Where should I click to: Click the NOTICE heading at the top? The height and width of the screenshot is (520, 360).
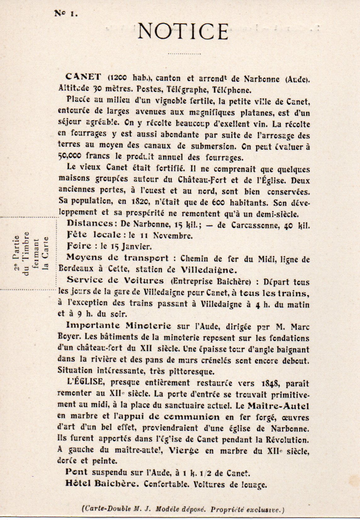pos(183,31)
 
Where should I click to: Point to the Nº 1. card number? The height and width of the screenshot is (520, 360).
pos(66,14)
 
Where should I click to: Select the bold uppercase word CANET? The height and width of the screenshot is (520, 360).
pos(83,77)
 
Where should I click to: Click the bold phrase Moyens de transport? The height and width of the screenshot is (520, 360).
pos(117,258)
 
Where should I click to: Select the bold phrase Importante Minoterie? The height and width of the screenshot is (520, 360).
pos(119,325)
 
